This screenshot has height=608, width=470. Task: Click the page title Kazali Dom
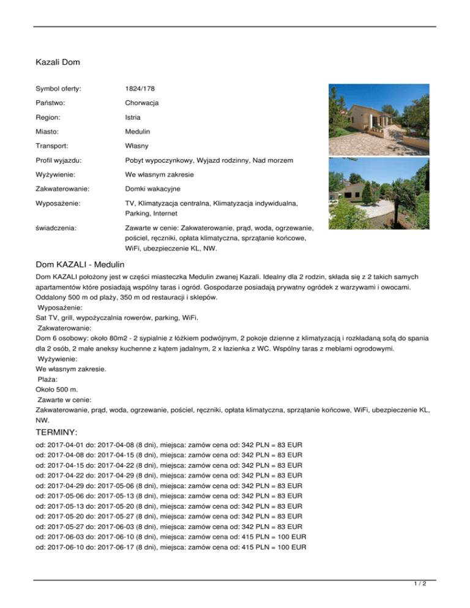click(x=58, y=62)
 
